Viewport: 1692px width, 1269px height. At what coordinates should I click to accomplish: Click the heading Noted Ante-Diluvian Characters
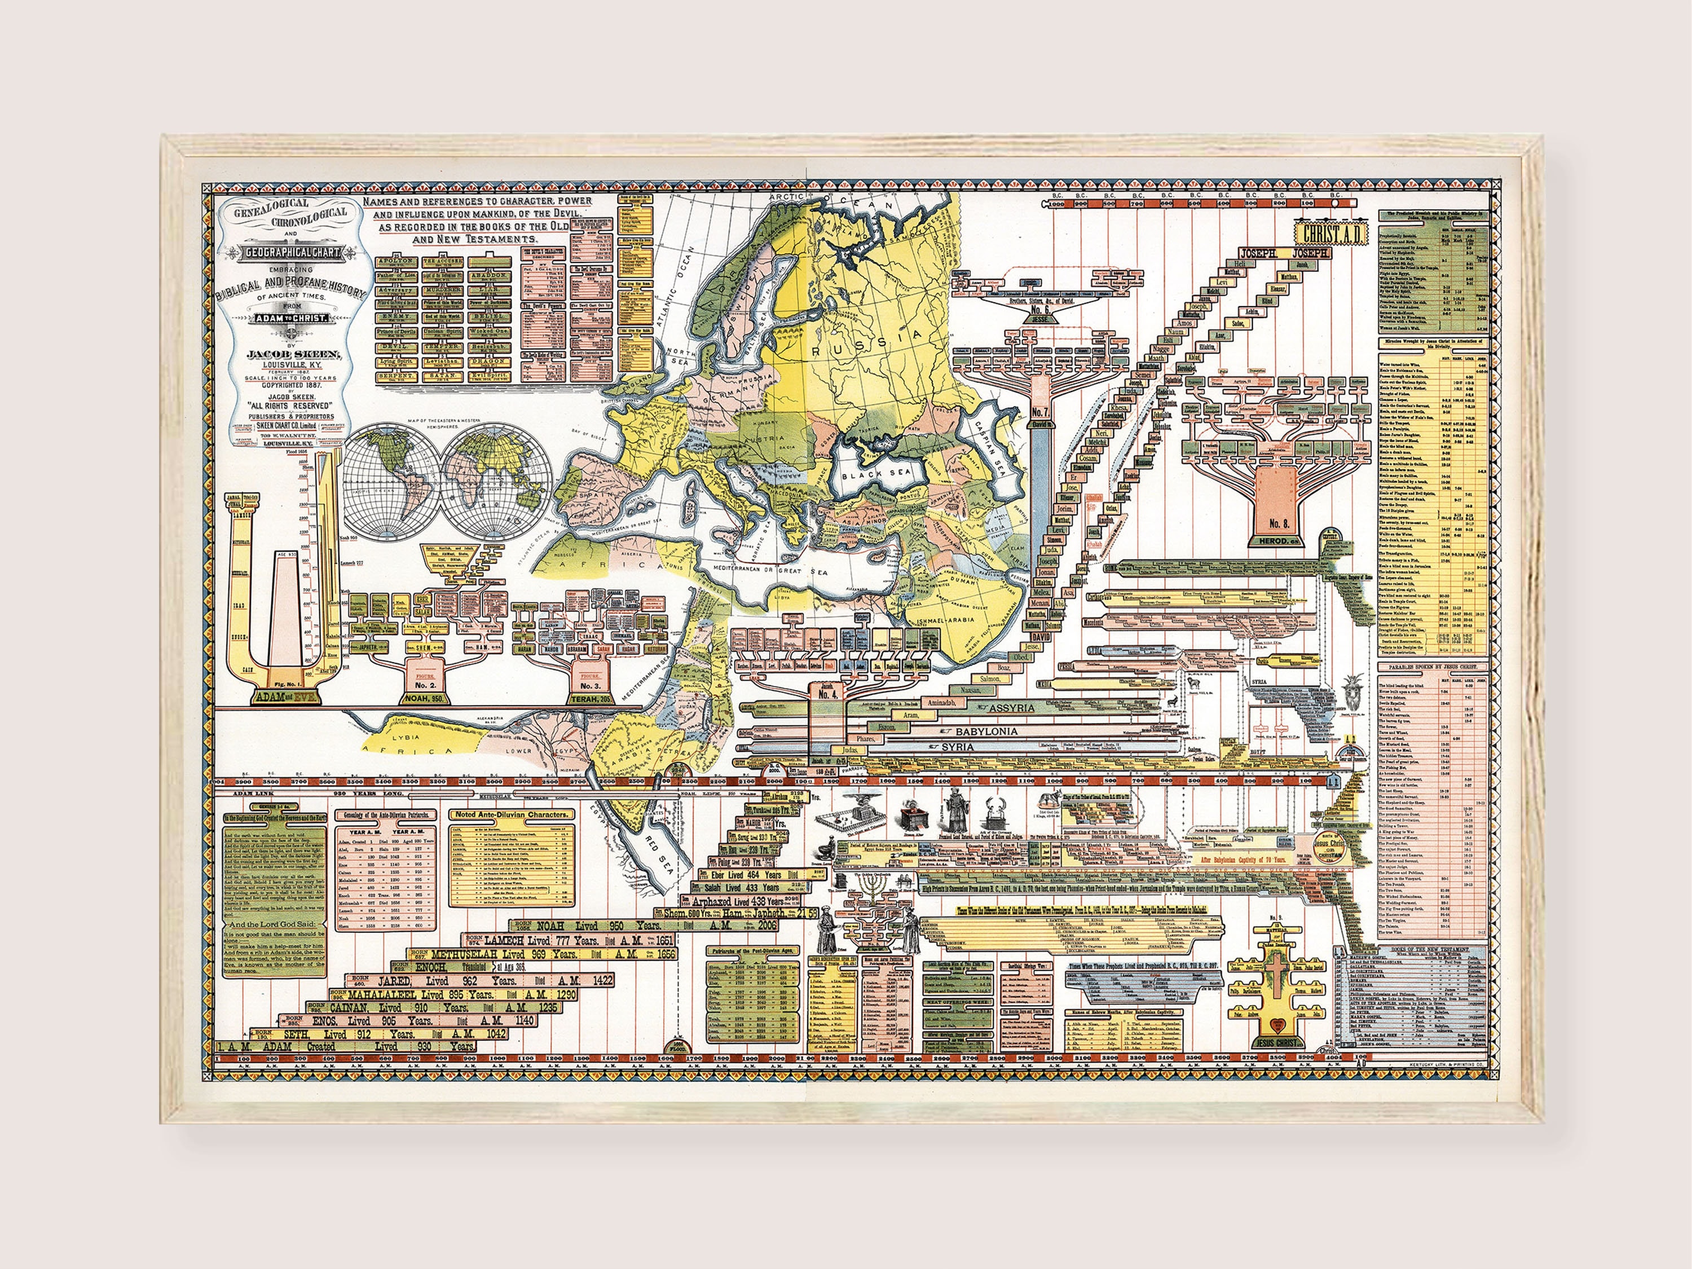[512, 816]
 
